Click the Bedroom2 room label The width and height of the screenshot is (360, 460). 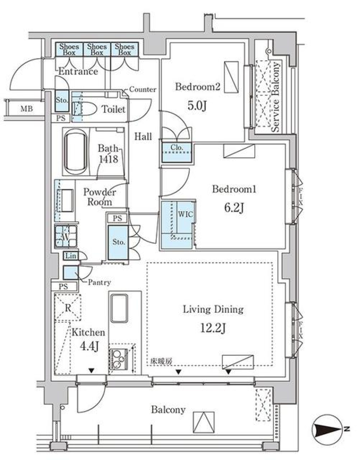coord(198,87)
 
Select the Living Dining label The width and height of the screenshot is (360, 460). coord(213,309)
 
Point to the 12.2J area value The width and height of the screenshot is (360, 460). coord(213,328)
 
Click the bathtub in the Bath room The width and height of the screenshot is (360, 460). coord(75,152)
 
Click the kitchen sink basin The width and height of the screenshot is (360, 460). coord(119,308)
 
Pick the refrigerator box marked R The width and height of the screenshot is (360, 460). coord(68,307)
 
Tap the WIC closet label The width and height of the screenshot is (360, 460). coord(185,214)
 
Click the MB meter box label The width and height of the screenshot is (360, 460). coord(26,109)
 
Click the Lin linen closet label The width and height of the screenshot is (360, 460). coord(70,256)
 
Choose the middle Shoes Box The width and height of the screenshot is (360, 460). coord(97,49)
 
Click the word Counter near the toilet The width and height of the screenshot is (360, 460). coord(142,90)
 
